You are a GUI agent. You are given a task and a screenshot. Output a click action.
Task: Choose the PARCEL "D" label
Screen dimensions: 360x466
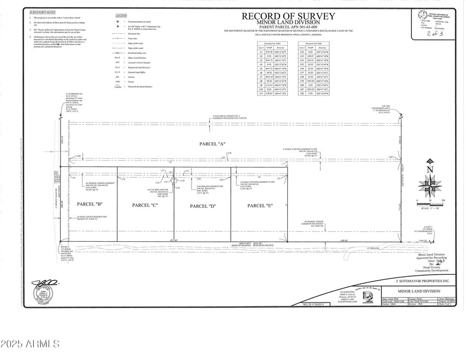tap(203, 206)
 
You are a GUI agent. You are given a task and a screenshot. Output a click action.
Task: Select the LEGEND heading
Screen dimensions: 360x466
tap(121, 15)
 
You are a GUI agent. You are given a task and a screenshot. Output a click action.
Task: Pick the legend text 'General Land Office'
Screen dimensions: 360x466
tap(138, 71)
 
